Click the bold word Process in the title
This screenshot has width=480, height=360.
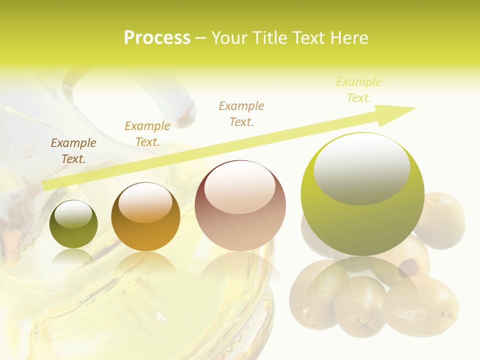[x=157, y=38]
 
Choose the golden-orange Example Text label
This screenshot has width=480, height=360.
[x=147, y=134]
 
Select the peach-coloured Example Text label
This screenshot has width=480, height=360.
[x=241, y=114]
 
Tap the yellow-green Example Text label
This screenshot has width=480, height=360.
[x=359, y=90]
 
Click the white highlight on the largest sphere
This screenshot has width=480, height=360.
[x=362, y=167]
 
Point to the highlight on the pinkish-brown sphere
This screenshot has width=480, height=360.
[x=239, y=187]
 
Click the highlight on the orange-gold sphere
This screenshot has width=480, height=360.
[x=145, y=202]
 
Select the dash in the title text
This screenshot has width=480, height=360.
[x=200, y=38]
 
